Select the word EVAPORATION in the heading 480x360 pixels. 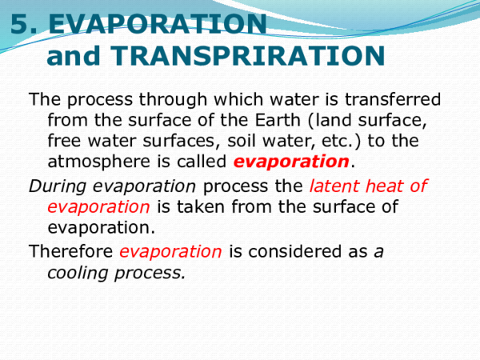158,25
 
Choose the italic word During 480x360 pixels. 58,186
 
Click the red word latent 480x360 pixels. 335,186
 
